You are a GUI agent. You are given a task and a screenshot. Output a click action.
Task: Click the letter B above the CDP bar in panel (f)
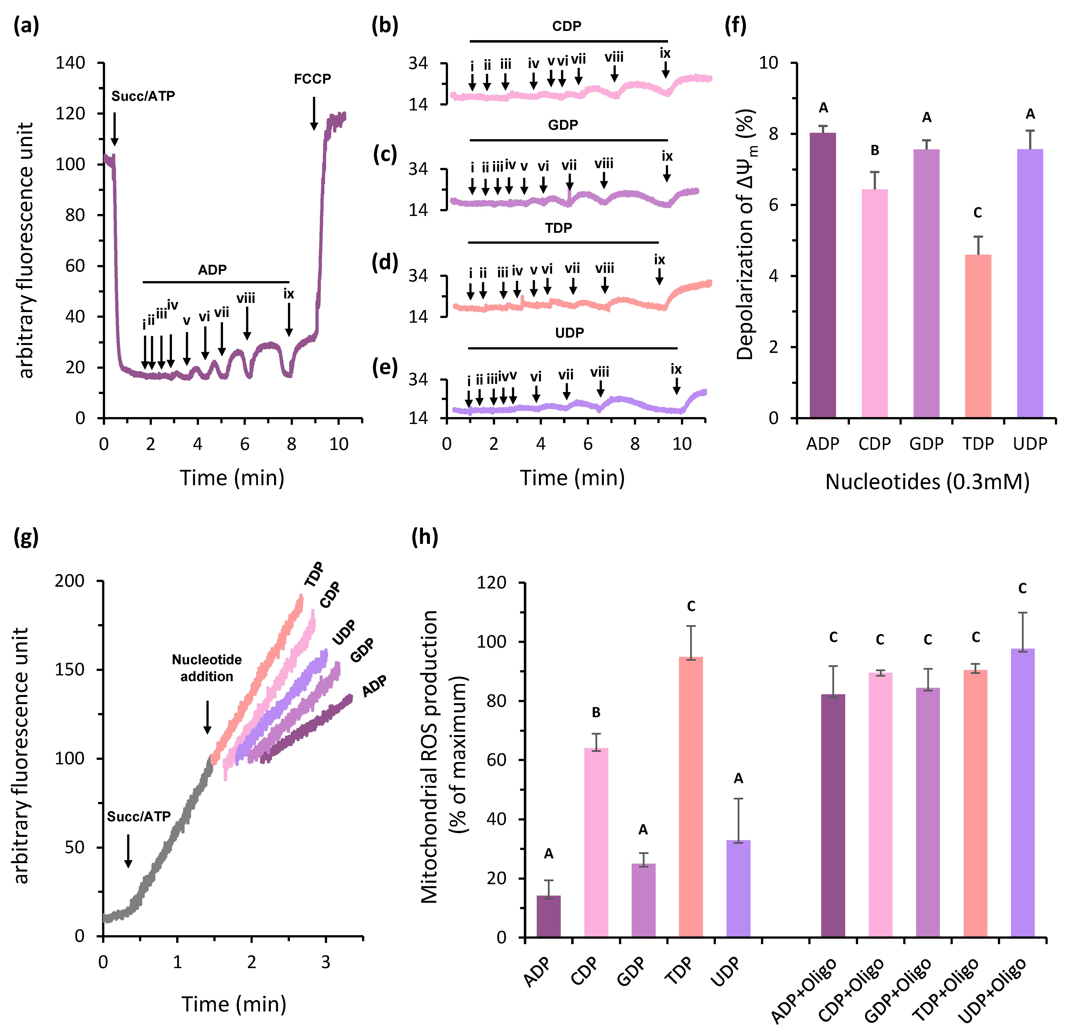(875, 150)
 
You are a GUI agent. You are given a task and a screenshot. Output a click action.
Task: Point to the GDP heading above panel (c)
(563, 125)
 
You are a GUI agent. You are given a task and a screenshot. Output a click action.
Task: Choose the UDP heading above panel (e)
(569, 332)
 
